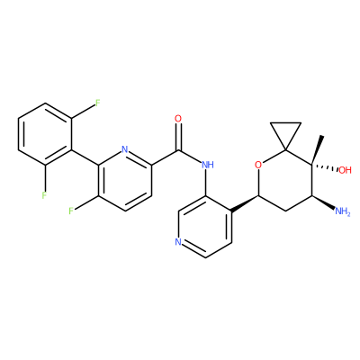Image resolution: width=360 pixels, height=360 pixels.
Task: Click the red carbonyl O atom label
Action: pos(178,119)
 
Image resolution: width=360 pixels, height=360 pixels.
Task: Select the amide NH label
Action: pos(208,165)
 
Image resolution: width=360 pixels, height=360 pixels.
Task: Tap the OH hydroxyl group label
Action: pos(345,170)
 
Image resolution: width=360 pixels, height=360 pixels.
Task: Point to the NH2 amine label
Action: pos(342,211)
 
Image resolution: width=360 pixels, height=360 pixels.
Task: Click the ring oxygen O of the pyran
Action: pos(258,165)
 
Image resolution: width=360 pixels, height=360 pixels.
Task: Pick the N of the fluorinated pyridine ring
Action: pos(125,149)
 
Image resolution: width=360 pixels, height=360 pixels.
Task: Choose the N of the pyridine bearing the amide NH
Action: pos(178,242)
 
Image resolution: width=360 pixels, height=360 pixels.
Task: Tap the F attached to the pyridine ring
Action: pos(71,211)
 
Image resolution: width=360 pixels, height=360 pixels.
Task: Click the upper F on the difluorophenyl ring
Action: pos(97,103)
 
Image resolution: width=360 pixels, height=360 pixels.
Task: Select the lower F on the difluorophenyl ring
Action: pos(44,195)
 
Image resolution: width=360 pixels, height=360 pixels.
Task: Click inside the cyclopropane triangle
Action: pos(285,131)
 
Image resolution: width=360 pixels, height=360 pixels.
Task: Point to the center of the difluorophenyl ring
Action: pos(45,134)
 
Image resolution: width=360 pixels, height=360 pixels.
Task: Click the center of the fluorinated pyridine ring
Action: pos(125,180)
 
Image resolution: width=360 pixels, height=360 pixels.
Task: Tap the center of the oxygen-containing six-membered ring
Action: pos(285,180)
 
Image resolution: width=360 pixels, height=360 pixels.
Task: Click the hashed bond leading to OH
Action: pos(325,167)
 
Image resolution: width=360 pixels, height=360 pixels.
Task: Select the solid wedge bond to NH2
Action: pos(323,202)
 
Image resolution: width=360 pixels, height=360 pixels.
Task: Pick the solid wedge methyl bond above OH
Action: pos(317,150)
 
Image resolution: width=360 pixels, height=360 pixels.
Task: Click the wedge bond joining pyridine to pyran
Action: pos(246,203)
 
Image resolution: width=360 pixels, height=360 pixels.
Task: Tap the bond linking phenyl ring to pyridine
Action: pos(85,157)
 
